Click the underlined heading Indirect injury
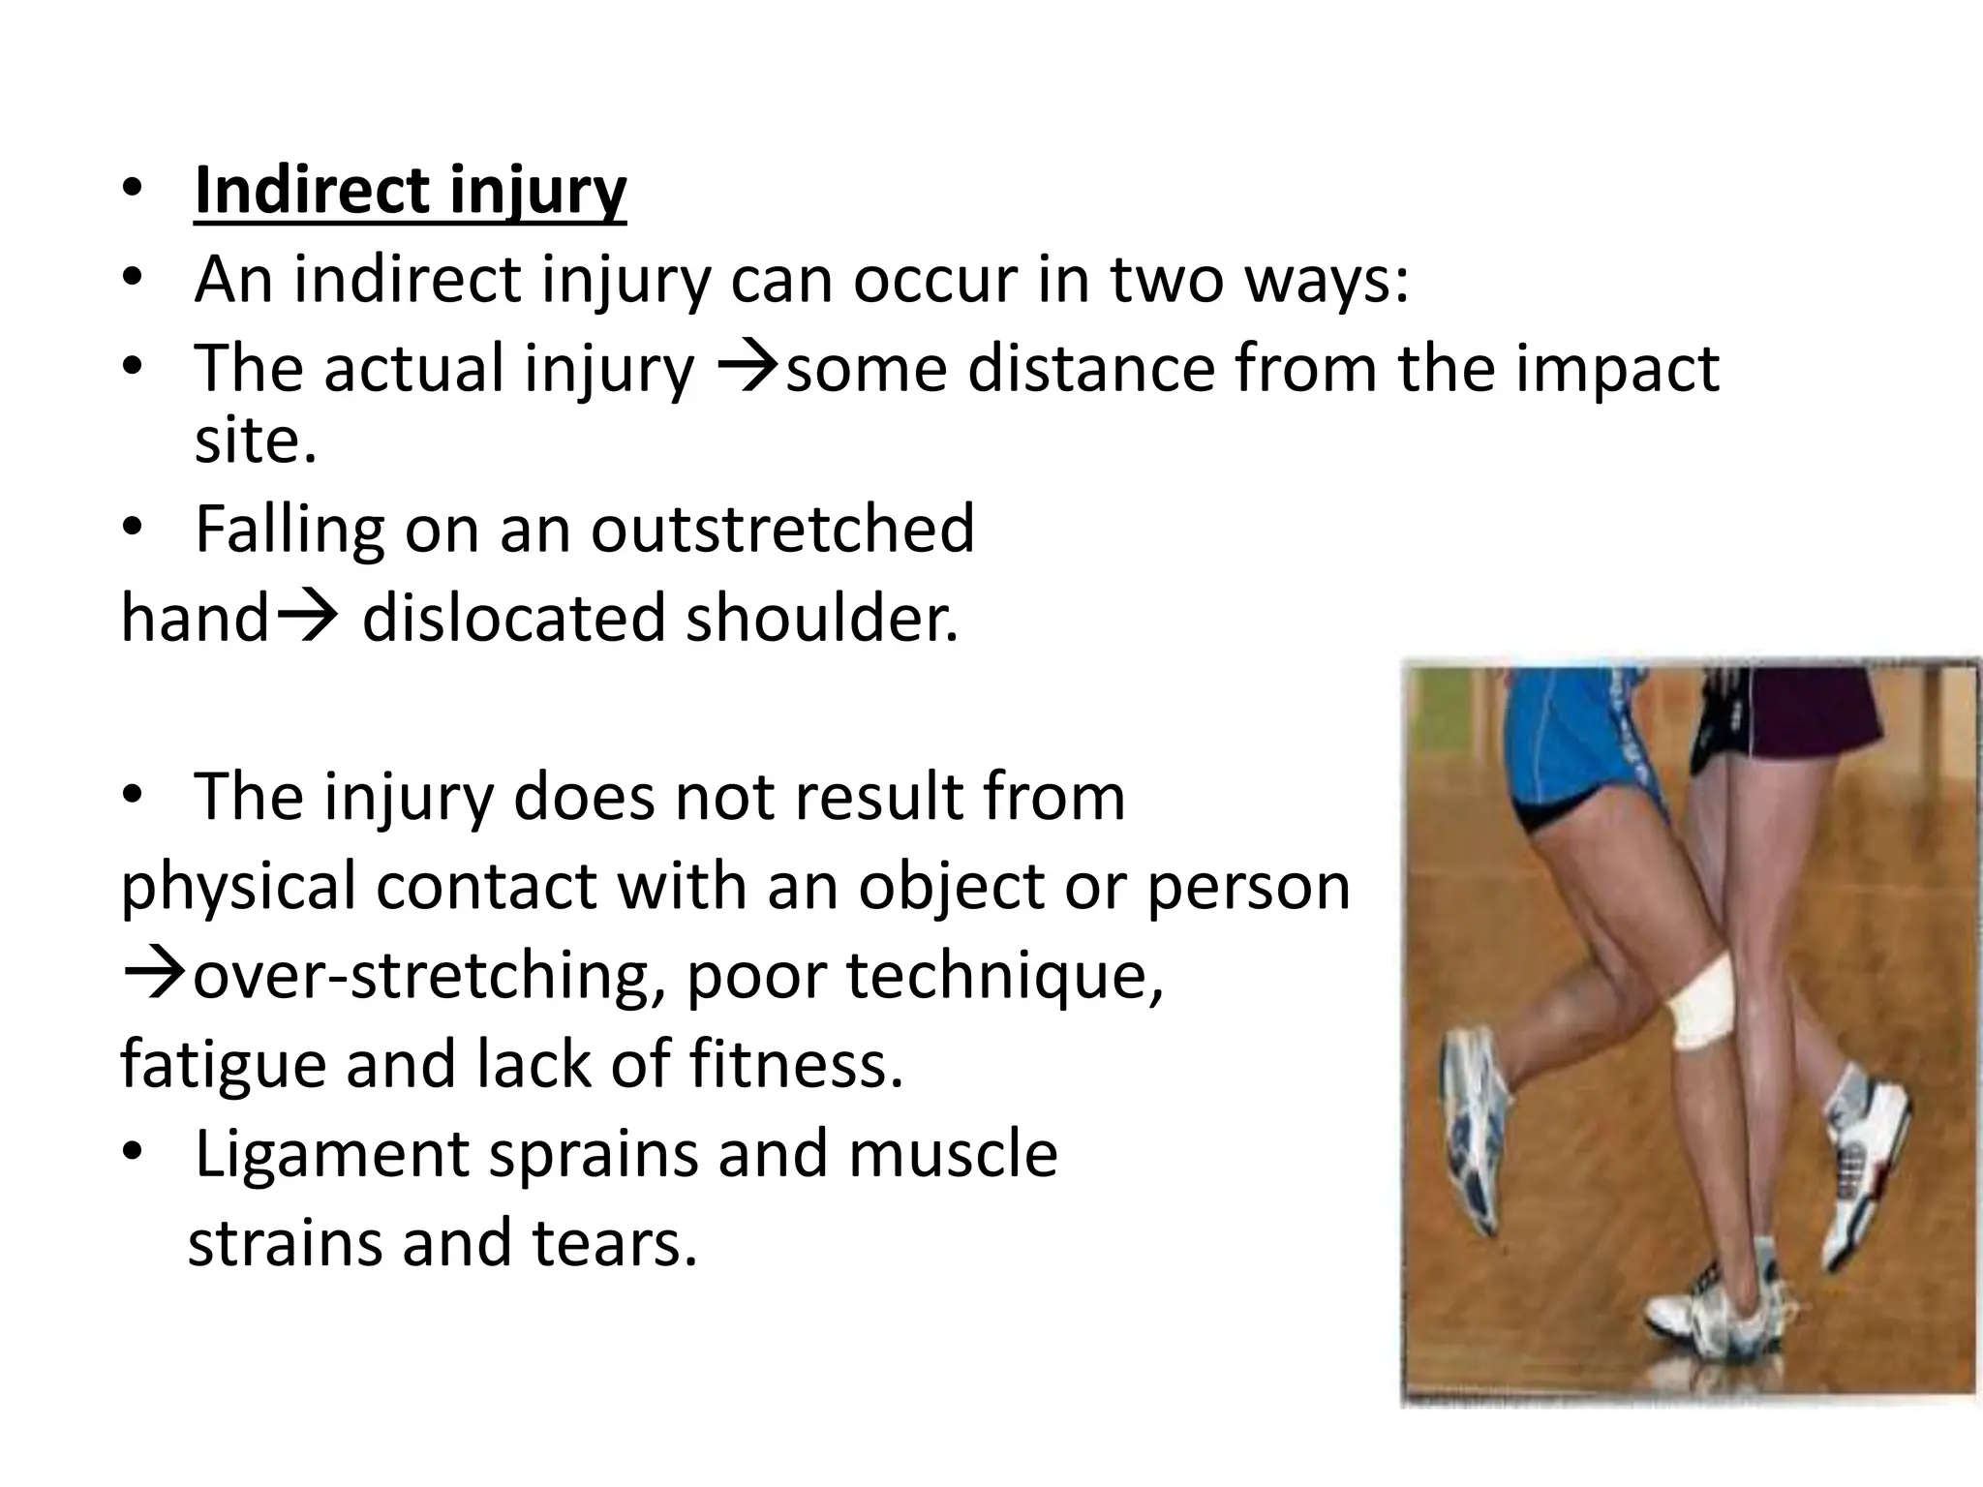(410, 191)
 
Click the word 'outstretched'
(782, 530)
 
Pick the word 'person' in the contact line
(1248, 887)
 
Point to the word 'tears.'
(614, 1243)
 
